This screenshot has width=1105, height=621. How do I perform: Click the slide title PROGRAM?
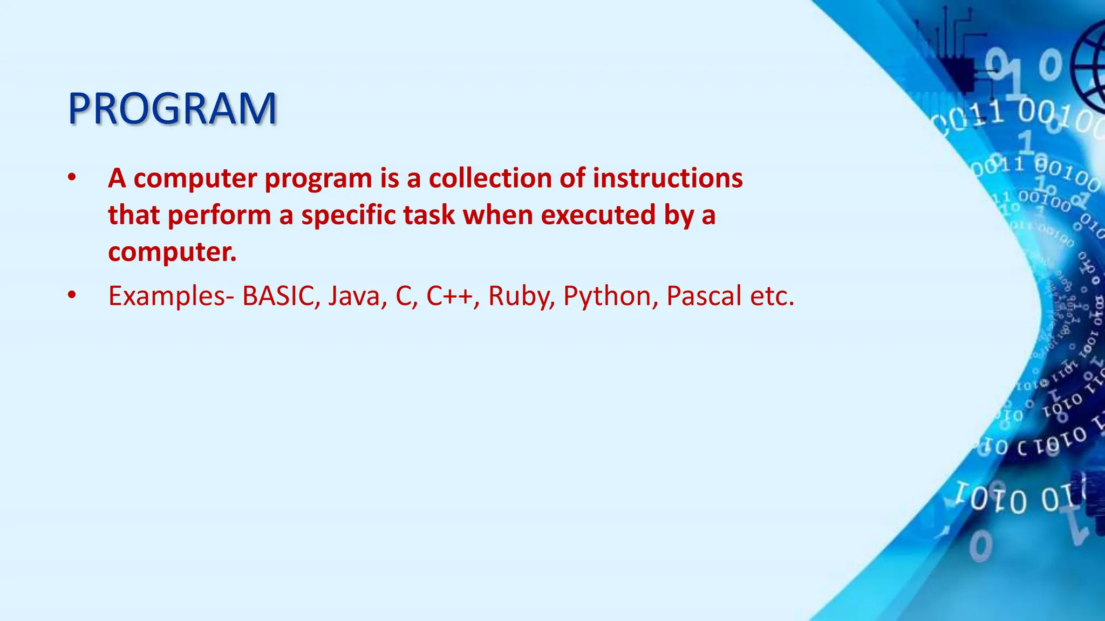pyautogui.click(x=172, y=109)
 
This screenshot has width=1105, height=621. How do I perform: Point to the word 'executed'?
pyautogui.click(x=598, y=215)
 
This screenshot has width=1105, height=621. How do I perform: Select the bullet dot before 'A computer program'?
pyautogui.click(x=72, y=178)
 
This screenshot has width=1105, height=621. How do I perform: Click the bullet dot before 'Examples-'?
pyautogui.click(x=72, y=295)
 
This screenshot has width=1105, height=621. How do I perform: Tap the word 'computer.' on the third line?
pyautogui.click(x=172, y=252)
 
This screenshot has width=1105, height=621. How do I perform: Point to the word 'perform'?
pyautogui.click(x=219, y=215)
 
